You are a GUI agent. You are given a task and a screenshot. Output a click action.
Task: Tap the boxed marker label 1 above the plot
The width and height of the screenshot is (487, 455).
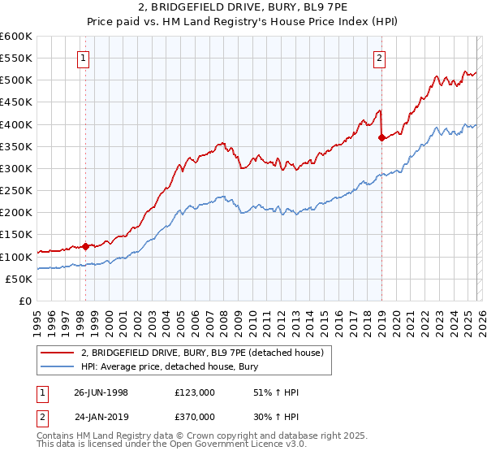(85, 58)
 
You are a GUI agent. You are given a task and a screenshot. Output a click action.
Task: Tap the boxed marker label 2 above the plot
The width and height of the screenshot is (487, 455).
(380, 58)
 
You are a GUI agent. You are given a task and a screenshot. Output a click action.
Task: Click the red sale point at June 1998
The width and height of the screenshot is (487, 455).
(85, 245)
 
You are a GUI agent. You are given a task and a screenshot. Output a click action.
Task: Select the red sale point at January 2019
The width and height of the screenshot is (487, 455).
(381, 137)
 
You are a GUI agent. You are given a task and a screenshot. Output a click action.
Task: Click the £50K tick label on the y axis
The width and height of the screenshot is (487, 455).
(19, 279)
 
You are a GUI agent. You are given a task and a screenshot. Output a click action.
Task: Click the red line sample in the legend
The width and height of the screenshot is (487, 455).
(58, 353)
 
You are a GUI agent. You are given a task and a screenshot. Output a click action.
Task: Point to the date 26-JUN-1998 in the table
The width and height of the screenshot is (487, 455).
(101, 392)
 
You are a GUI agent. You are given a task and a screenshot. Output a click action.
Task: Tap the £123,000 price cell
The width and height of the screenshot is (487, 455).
(195, 392)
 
